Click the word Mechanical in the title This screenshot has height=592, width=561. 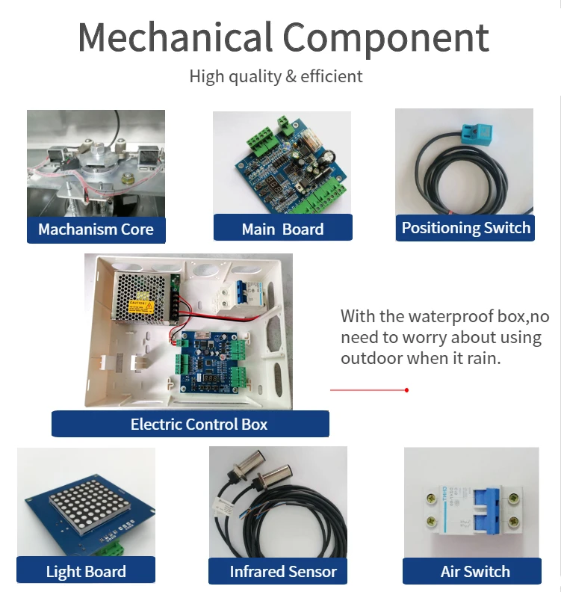175,37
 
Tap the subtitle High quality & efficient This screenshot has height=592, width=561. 276,76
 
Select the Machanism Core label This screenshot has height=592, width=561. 96,229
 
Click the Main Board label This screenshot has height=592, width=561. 282,229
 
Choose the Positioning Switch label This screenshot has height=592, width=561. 466,228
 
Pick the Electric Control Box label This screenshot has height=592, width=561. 199,425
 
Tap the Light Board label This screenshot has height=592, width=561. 86,572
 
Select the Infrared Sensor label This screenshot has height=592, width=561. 283,572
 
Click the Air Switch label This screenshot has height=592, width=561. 475,572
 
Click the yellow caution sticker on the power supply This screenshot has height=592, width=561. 141,306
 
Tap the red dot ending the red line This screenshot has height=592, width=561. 406,390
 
